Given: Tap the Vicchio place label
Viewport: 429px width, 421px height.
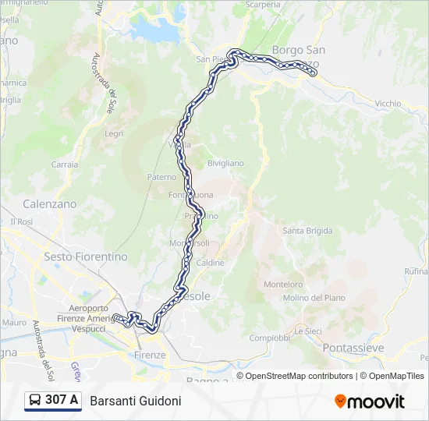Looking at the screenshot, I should point(388,103).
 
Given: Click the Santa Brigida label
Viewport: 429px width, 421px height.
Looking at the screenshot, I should point(307,231).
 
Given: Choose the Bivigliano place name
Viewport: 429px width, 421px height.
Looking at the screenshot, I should point(225,163).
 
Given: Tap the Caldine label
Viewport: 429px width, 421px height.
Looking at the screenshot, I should point(211,263).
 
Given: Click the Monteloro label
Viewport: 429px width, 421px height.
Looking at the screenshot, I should point(283,285).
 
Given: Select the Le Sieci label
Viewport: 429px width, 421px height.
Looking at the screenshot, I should point(307,331).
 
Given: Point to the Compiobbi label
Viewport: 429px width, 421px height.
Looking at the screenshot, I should point(270,338).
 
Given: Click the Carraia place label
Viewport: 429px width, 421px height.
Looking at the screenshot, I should point(65,165).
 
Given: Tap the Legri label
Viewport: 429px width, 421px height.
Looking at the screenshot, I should point(114,133).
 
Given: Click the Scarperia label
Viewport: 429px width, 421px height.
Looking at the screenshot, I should point(263,5).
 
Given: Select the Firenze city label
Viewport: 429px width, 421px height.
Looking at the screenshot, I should point(150,355).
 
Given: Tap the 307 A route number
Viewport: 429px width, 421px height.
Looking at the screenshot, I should point(62,401).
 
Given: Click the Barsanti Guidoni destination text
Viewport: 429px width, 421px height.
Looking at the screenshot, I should point(136,401).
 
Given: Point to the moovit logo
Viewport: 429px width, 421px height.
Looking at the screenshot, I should point(370,402).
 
